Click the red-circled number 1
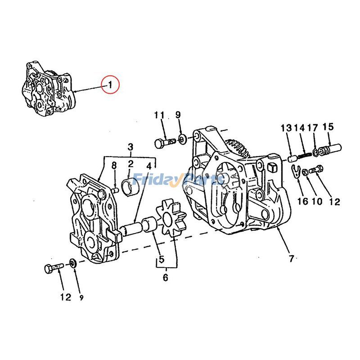[x=110, y=84]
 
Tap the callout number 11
[x=159, y=115]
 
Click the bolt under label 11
[x=163, y=143]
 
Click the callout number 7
[x=291, y=258]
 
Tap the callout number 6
[x=165, y=278]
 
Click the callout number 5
[x=159, y=260]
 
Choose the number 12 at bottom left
[x=66, y=297]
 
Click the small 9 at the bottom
[x=81, y=297]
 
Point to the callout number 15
[x=328, y=127]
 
